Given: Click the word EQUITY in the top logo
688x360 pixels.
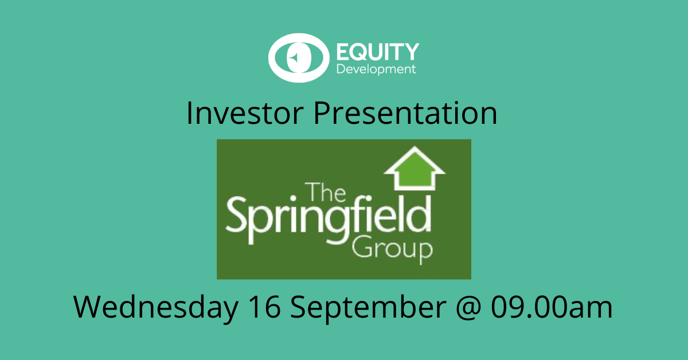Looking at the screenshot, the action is (378, 52).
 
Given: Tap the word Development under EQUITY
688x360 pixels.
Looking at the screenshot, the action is (376, 69).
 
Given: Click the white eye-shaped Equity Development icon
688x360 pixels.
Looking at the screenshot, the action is (299, 58).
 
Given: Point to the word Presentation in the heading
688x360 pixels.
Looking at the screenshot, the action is (405, 113).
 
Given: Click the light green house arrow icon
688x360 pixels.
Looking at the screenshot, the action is (415, 168).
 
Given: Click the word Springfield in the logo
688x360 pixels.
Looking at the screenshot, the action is (329, 220).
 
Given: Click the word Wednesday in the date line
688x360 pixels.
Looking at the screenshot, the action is (156, 307).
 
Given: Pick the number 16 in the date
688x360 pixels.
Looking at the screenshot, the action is (264, 307).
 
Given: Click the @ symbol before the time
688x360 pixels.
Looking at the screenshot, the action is (468, 307).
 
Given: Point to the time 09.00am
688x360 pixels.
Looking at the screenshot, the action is (552, 307).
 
